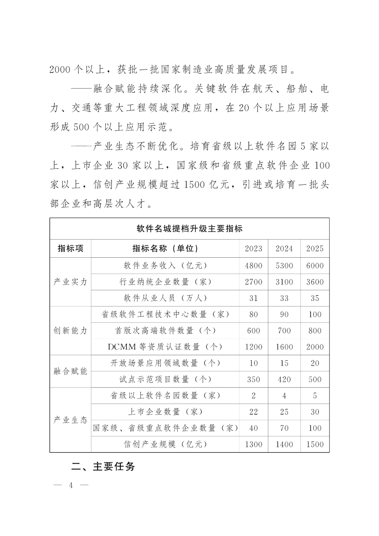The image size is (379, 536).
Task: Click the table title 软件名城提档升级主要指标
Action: tap(189, 229)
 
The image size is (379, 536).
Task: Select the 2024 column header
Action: tap(284, 249)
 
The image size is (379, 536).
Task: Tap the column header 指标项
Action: tap(71, 249)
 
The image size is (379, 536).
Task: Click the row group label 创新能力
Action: tap(71, 331)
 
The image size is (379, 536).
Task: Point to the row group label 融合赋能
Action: tap(71, 371)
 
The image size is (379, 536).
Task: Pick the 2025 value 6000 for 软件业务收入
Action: tap(315, 266)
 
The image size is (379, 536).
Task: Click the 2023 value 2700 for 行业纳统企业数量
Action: tap(253, 282)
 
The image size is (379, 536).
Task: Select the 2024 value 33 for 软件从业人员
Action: tap(284, 298)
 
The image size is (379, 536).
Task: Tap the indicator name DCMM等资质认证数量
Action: tap(165, 347)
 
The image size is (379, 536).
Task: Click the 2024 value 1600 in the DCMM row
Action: tap(284, 347)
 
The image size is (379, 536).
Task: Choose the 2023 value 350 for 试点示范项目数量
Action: tap(253, 379)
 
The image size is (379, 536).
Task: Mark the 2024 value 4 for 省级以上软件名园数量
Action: tap(284, 396)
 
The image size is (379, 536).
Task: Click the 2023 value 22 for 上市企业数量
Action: tap(253, 412)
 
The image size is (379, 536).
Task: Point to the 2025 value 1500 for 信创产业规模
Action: tap(315, 444)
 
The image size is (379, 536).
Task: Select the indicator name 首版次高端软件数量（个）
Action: tap(165, 331)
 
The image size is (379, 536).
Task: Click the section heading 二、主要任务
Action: tap(103, 466)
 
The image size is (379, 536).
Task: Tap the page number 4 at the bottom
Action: tap(71, 485)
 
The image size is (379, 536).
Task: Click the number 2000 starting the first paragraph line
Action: tap(60, 70)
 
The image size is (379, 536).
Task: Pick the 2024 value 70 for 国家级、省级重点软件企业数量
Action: tap(284, 428)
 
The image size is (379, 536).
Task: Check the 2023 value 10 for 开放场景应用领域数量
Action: tap(253, 363)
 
